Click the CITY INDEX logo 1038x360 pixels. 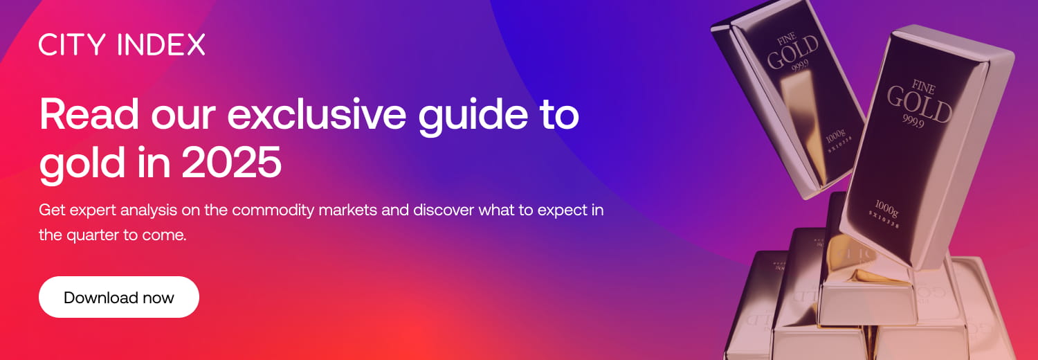tap(122, 45)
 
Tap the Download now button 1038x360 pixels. tap(119, 298)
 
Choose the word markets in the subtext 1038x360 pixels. tap(349, 210)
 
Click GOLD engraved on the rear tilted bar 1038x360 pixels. tap(792, 54)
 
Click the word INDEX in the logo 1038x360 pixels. tap(161, 45)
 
